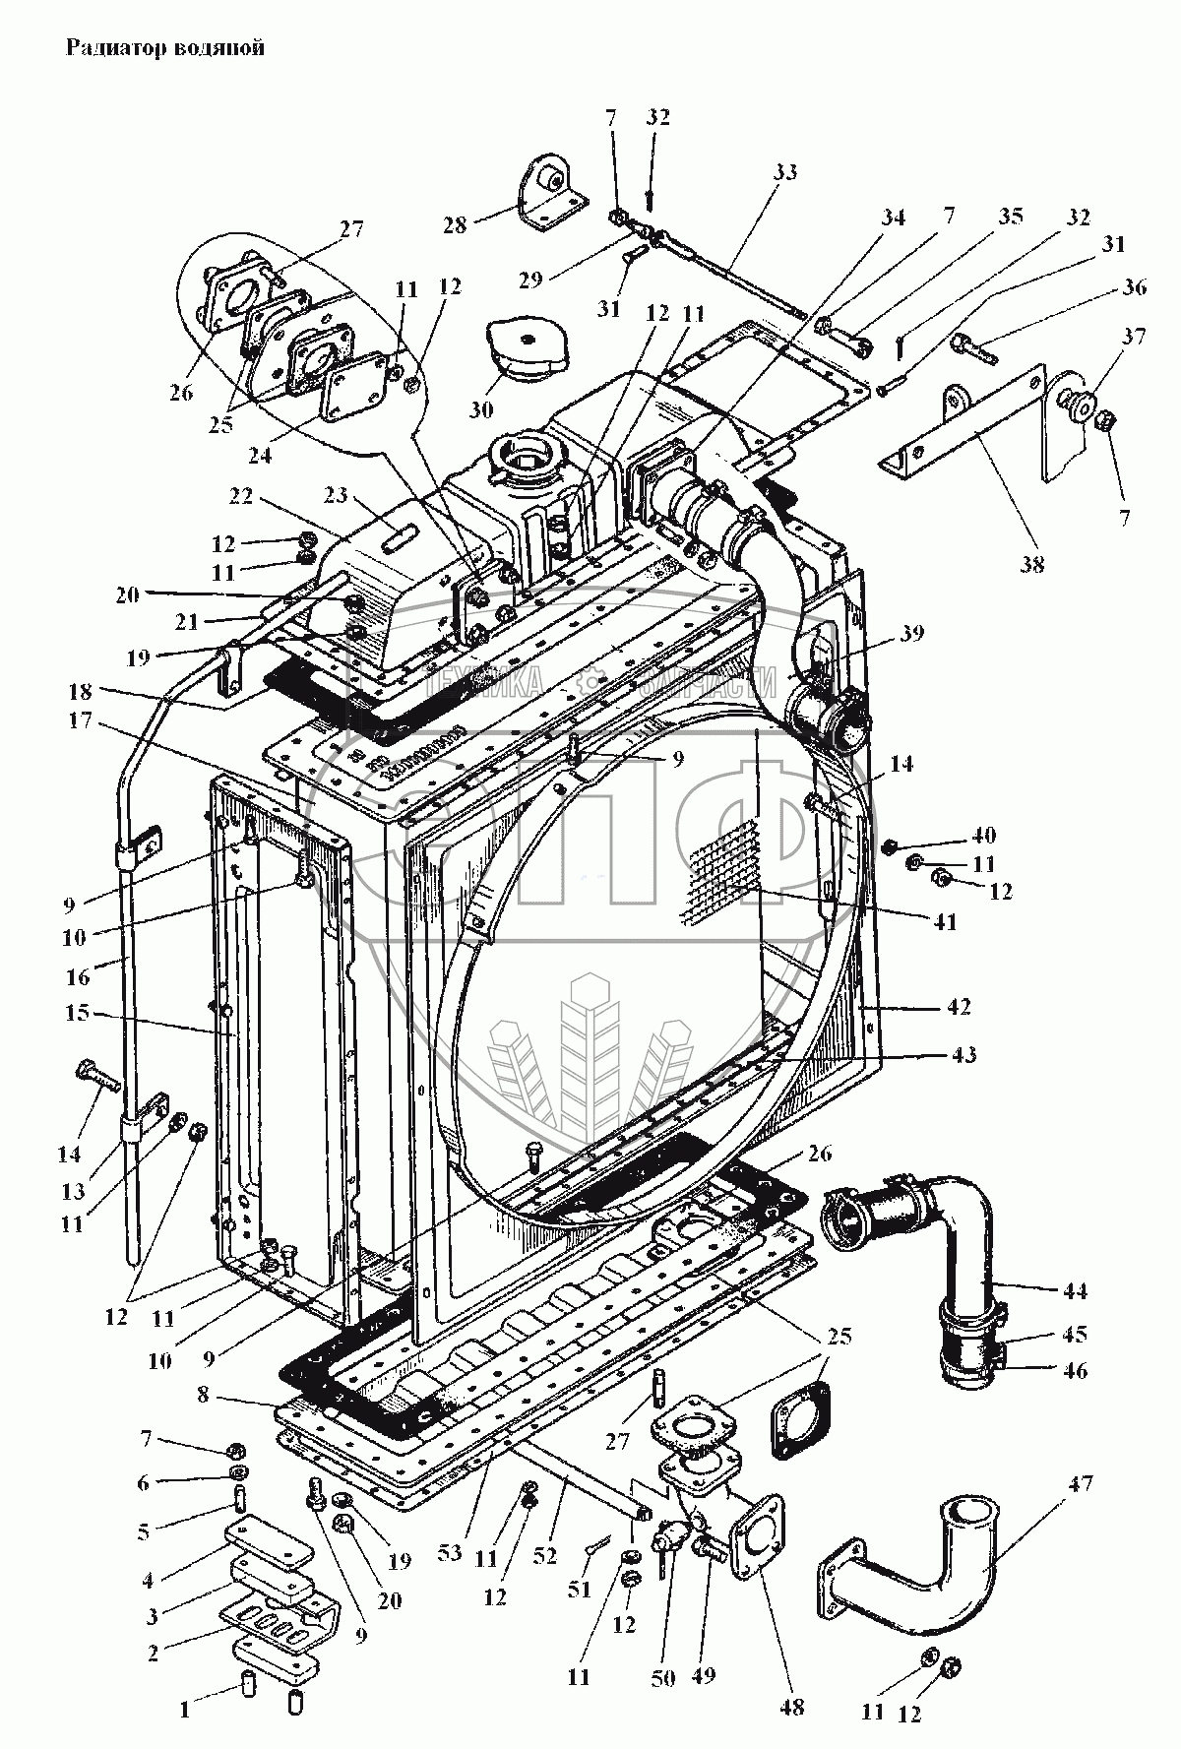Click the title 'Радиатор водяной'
(164, 48)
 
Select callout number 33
(784, 172)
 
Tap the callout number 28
(454, 224)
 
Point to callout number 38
(1030, 564)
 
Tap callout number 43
(964, 1055)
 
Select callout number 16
(77, 976)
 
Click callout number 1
(184, 1711)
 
